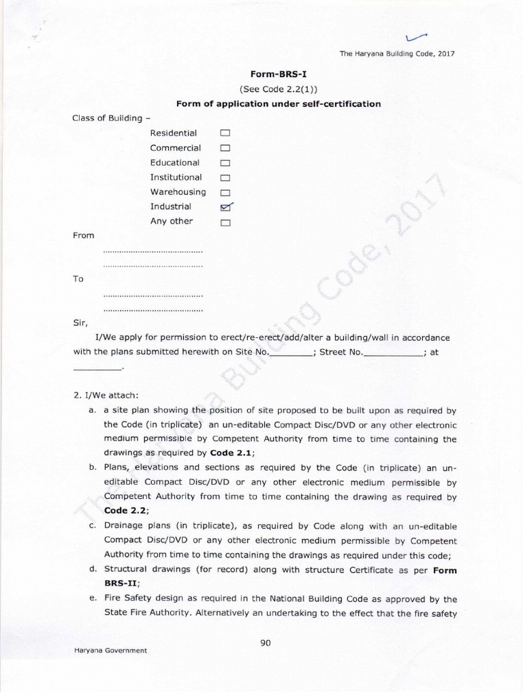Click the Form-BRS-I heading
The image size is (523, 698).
coord(278,75)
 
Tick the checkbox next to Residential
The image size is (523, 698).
coord(225,134)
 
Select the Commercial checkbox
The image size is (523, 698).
coord(225,149)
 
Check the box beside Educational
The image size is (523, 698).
coord(225,164)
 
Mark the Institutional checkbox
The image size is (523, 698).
coord(225,178)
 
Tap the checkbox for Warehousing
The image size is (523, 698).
coord(225,193)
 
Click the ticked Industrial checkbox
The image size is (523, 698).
coord(226,207)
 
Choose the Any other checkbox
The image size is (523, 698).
coord(225,222)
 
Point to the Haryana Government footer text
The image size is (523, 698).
coord(110,650)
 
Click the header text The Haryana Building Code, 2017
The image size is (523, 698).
coord(397,54)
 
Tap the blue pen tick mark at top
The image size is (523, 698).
coord(415,38)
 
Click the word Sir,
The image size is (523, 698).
coord(80,322)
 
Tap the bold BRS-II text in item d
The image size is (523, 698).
coord(121,583)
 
